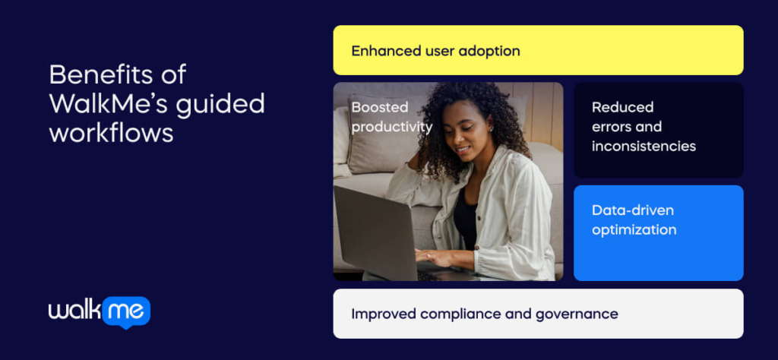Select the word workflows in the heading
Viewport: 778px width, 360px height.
111,131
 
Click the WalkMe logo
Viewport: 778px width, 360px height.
99,311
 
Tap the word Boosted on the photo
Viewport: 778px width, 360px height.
379,107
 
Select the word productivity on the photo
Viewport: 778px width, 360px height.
391,127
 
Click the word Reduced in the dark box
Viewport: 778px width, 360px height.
622,107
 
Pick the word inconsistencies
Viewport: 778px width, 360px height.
644,146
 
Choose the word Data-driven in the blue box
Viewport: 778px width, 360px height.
632,210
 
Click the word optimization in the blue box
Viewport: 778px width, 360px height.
634,229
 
